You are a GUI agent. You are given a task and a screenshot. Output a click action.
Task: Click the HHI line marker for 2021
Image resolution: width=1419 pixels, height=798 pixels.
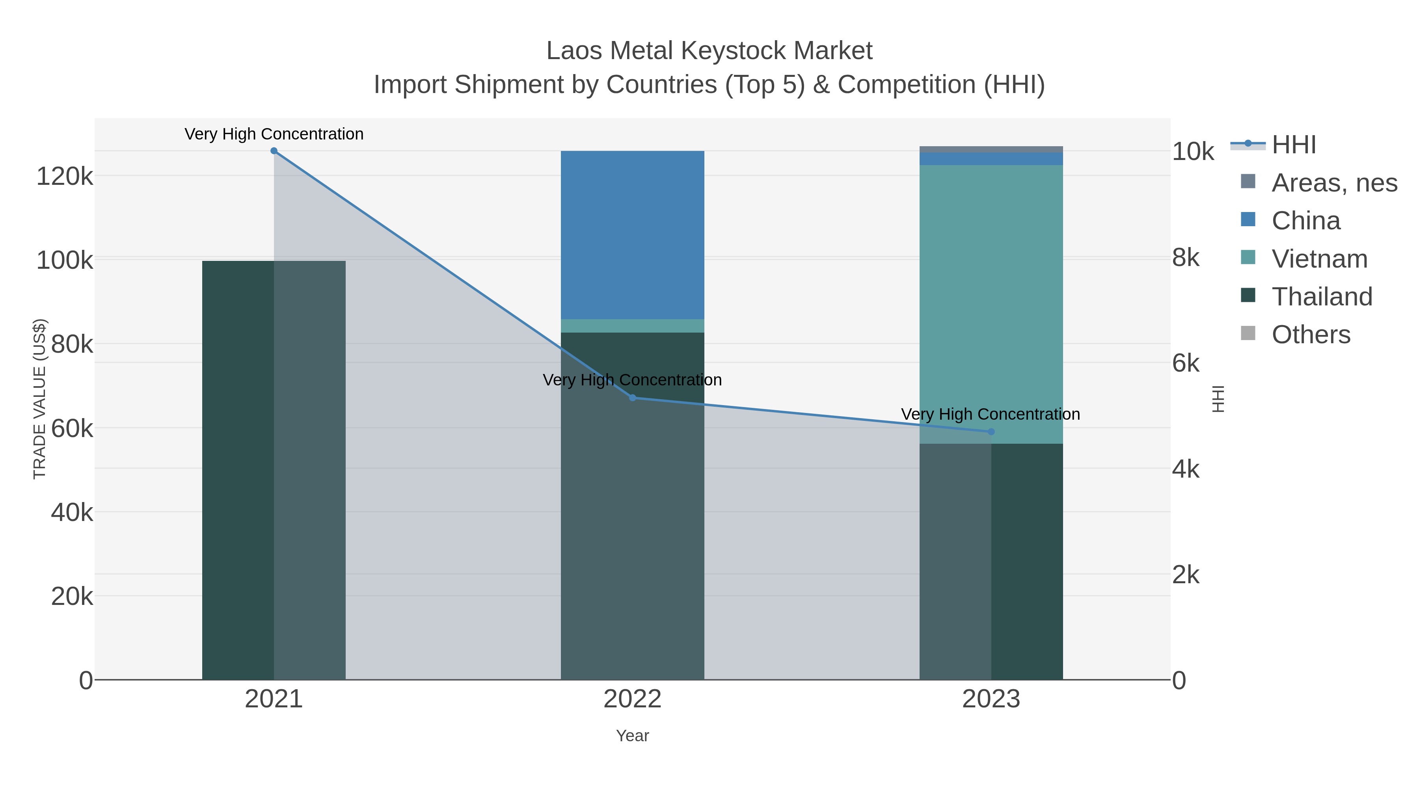tap(274, 151)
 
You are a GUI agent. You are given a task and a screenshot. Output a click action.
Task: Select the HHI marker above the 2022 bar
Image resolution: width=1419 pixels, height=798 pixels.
tap(632, 398)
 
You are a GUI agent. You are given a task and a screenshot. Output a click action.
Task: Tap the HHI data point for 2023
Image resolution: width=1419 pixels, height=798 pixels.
tap(991, 432)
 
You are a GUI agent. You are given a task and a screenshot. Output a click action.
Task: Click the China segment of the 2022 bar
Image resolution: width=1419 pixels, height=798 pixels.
tap(632, 234)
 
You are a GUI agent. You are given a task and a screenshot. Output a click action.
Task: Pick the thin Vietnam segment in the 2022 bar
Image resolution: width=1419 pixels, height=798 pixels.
tap(632, 326)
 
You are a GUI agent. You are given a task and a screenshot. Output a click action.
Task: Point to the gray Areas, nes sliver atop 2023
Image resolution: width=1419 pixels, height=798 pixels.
tap(991, 149)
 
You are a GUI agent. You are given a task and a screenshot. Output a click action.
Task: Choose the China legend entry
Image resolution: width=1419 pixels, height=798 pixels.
tap(1305, 221)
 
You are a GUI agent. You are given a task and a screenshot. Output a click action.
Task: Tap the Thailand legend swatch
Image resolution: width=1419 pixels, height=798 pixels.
tap(1248, 295)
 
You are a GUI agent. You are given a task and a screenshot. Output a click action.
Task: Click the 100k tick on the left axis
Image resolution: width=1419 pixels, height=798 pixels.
tap(65, 260)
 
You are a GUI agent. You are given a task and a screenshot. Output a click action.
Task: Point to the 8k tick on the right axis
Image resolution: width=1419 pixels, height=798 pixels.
tap(1185, 258)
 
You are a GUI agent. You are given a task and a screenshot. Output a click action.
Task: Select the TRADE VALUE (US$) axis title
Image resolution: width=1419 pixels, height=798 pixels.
tap(40, 399)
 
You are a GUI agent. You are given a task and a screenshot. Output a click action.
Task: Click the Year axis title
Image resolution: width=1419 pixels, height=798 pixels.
tap(632, 736)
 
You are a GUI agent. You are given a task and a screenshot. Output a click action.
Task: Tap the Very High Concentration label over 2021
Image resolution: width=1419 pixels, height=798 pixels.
tap(274, 134)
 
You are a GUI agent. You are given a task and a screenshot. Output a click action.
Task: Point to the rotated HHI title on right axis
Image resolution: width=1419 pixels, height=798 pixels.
tap(1218, 399)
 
